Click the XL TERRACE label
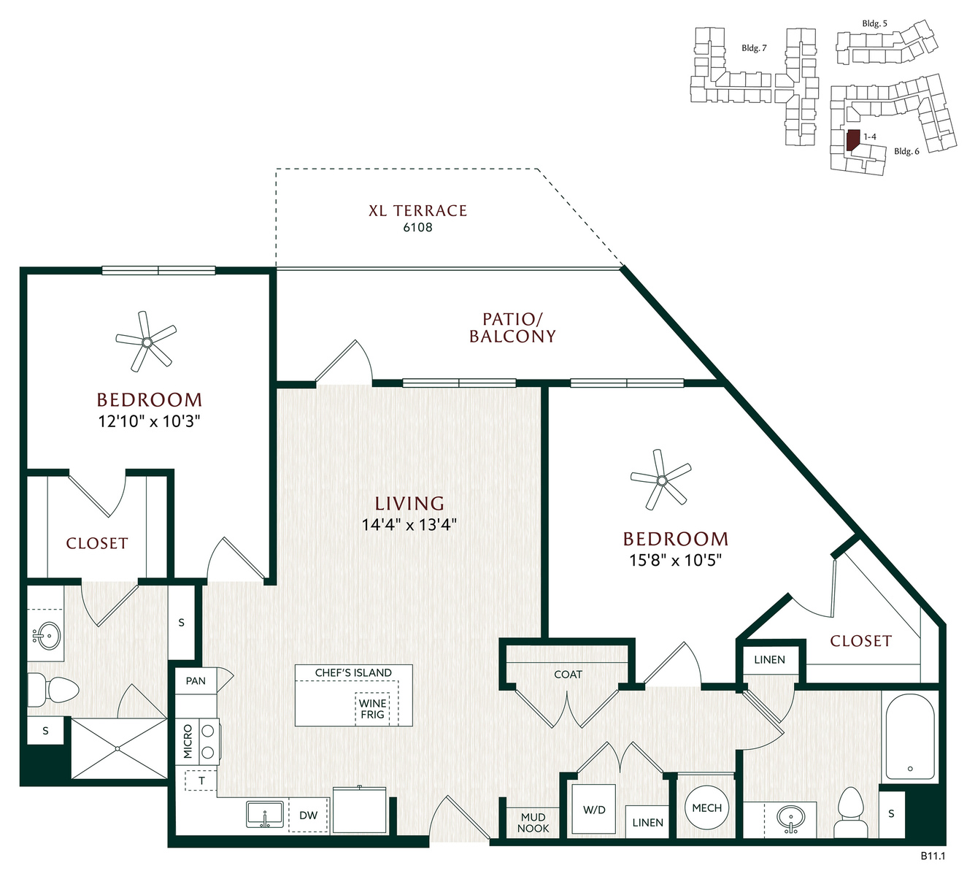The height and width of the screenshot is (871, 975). pos(417,211)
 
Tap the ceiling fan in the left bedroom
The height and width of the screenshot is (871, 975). pos(146,341)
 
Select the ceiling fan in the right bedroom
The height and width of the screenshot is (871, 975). pos(661,480)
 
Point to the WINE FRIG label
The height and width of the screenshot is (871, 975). pos(372,709)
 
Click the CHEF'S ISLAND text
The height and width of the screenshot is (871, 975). pos(353,672)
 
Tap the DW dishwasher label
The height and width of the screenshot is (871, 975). pos(309,815)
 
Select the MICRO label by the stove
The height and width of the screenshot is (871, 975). pos(188,741)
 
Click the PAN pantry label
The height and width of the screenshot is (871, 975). pos(196,680)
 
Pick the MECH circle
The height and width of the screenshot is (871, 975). pos(706,807)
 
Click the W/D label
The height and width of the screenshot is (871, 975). pos(594,810)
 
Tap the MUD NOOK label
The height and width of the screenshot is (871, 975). pos(533,823)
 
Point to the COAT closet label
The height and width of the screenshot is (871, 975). pos(568,675)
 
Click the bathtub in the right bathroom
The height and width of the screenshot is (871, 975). pos(910,737)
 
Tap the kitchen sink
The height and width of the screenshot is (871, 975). pos(265,814)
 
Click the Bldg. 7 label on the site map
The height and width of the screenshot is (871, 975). pos(754,48)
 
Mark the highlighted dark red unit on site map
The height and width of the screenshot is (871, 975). pos(852,139)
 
